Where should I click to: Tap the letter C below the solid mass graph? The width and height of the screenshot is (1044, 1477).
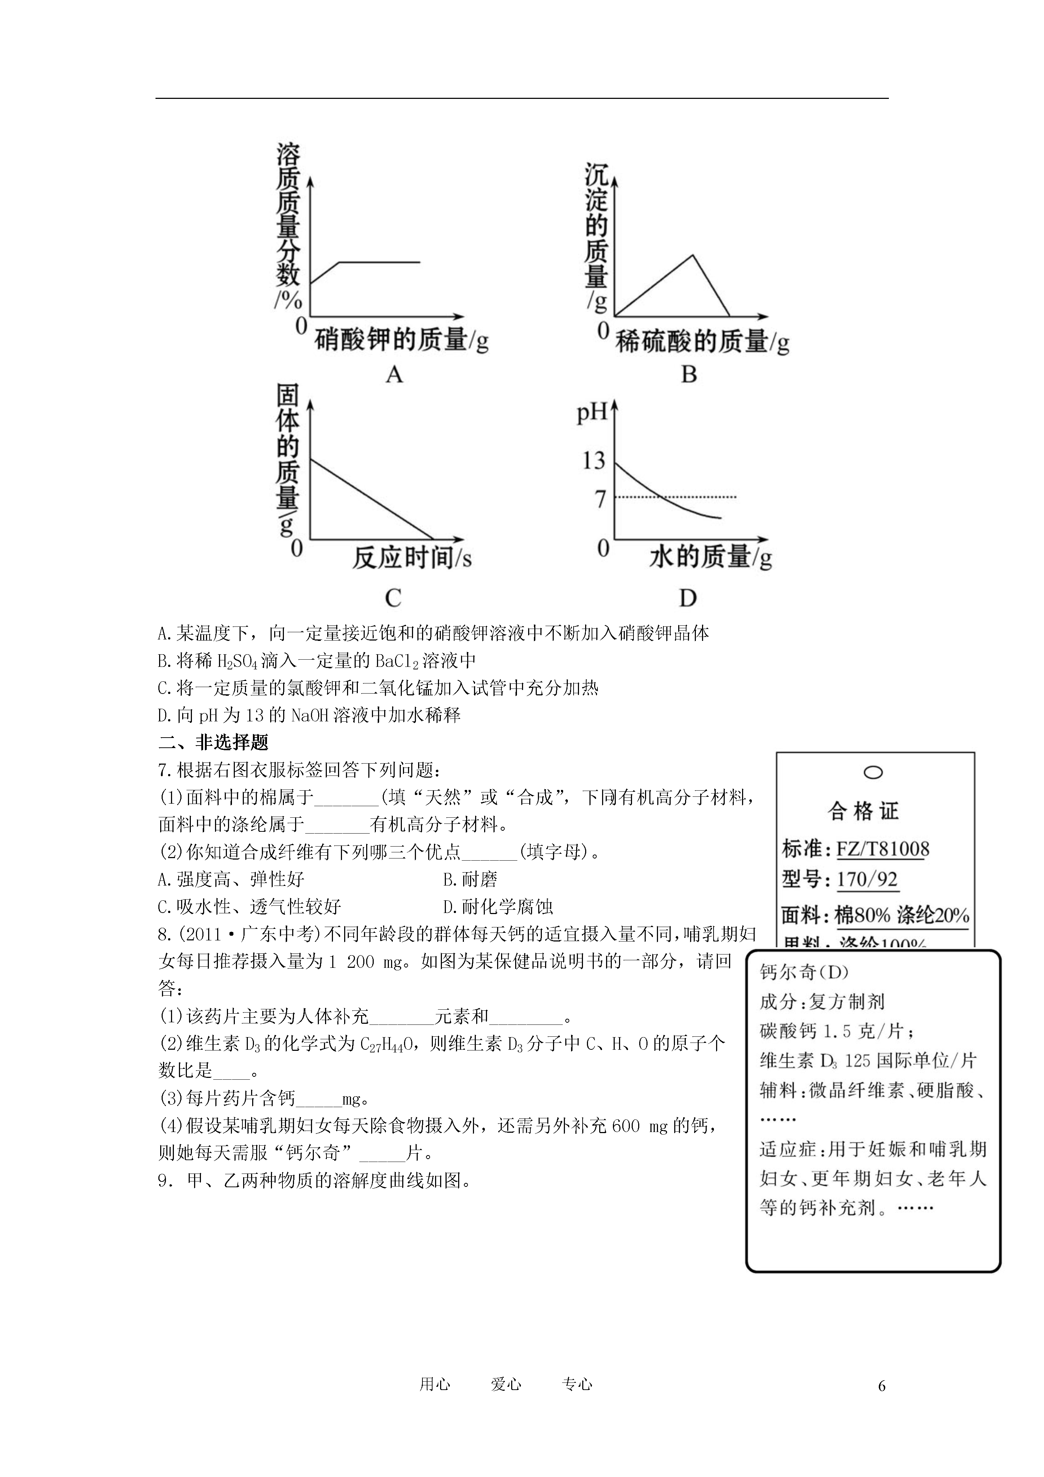[393, 598]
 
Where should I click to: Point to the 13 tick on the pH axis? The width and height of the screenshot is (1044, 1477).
[593, 460]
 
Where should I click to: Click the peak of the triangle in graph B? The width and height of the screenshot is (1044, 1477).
[692, 255]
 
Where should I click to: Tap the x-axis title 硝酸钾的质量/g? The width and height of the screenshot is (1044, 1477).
[401, 340]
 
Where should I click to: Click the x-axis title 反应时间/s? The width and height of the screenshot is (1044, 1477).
[412, 557]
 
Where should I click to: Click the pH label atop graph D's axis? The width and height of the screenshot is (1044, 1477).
[592, 412]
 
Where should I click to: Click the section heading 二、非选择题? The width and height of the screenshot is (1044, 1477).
[213, 742]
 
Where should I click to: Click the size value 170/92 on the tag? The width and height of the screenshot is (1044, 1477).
[867, 879]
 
